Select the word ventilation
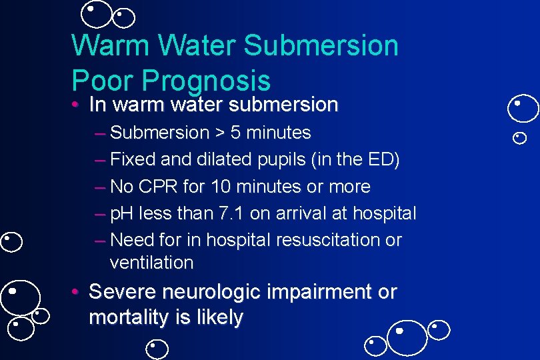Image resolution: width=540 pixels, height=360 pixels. [152, 263]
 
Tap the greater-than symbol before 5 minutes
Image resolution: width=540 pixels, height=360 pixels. [219, 133]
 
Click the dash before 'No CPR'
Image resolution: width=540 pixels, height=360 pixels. [100, 187]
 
